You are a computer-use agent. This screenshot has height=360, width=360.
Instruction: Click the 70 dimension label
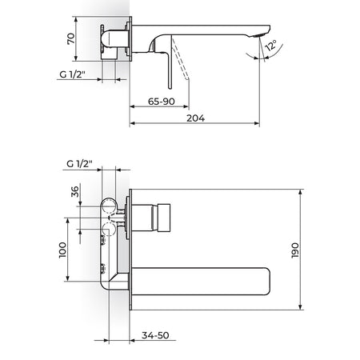click(x=71, y=39)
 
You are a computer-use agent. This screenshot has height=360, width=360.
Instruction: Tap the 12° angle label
click(x=271, y=46)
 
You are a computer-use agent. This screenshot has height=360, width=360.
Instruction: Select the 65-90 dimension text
click(x=162, y=102)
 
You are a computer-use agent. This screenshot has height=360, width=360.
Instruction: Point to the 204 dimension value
click(x=195, y=118)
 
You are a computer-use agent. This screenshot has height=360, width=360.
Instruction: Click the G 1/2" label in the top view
click(x=72, y=74)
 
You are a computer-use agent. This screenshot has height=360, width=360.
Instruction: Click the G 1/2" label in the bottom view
click(x=79, y=163)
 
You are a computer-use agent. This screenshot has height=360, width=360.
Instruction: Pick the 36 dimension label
click(x=75, y=191)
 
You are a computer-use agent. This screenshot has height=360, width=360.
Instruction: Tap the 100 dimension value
click(x=62, y=250)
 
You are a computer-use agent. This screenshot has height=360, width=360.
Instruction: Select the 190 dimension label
click(x=295, y=250)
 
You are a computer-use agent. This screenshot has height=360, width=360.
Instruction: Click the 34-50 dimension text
click(x=155, y=335)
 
